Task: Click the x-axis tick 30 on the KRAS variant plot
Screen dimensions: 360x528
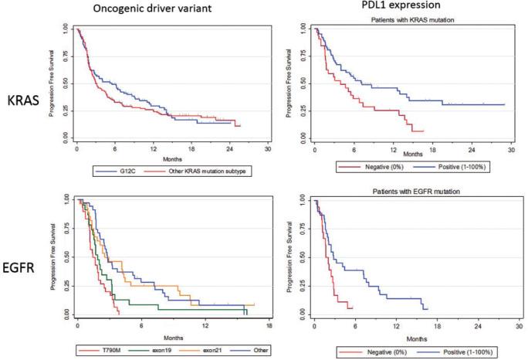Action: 267,148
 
